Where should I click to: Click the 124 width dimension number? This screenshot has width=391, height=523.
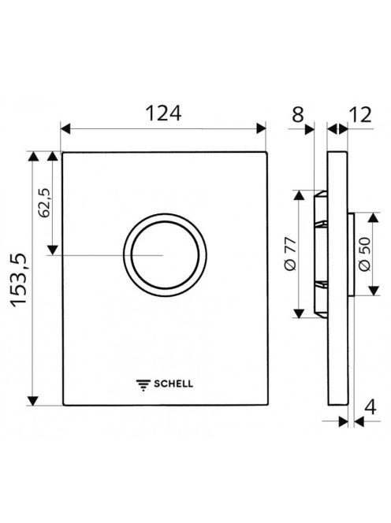click(163, 113)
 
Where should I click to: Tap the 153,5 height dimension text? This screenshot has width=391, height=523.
click(18, 280)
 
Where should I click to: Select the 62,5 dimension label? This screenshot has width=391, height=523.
click(44, 202)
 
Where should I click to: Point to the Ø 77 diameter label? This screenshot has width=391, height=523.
click(291, 254)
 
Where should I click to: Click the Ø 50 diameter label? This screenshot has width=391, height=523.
click(365, 254)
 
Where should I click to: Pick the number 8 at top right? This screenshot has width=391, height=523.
click(298, 115)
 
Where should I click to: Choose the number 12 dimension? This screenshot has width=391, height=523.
click(360, 115)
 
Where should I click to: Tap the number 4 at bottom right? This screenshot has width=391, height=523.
click(370, 407)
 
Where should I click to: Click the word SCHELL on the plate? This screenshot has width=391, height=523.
click(173, 384)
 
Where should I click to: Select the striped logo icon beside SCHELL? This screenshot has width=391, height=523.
click(143, 385)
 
